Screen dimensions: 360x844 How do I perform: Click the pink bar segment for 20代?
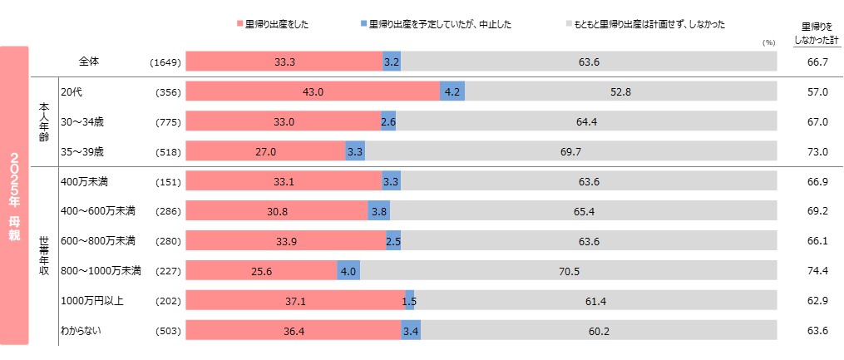click(x=313, y=91)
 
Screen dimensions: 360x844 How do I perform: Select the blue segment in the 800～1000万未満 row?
click(x=348, y=271)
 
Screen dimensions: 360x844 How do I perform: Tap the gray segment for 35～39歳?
click(x=570, y=151)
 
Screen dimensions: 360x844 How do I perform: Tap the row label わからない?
click(x=81, y=330)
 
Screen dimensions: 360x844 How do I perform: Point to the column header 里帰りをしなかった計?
click(x=817, y=32)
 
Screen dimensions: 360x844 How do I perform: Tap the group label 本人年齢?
click(x=44, y=121)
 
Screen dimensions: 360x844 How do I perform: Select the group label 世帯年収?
click(x=44, y=255)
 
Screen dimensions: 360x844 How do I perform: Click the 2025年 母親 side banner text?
click(x=14, y=196)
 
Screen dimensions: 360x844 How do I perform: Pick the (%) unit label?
click(x=767, y=42)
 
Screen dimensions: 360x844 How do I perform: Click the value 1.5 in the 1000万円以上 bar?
click(x=409, y=301)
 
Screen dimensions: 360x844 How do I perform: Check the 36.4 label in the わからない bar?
click(x=294, y=331)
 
